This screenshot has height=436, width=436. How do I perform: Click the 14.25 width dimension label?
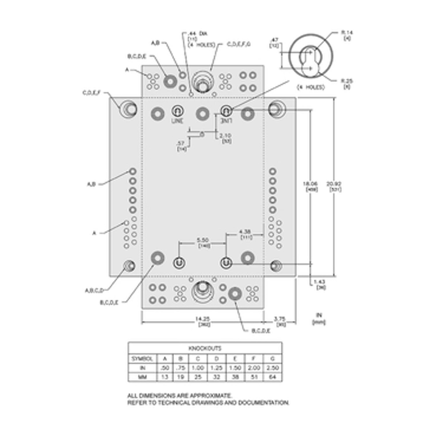tap(203, 319)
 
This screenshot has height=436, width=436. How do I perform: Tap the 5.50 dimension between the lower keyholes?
tap(203, 240)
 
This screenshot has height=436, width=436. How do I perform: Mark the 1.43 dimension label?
tap(320, 282)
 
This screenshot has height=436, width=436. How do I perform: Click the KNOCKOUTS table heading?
tap(205, 348)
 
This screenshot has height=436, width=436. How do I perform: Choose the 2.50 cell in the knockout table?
tap(272, 368)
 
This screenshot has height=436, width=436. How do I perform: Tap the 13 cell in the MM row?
tap(165, 377)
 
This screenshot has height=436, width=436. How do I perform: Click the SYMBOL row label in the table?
tap(142, 358)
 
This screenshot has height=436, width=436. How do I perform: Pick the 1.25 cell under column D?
tap(217, 368)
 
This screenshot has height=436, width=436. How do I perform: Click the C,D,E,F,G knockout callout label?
tap(239, 44)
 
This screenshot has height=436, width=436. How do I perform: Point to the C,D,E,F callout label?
tap(92, 93)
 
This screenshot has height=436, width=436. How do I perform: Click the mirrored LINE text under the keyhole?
tap(226, 121)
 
